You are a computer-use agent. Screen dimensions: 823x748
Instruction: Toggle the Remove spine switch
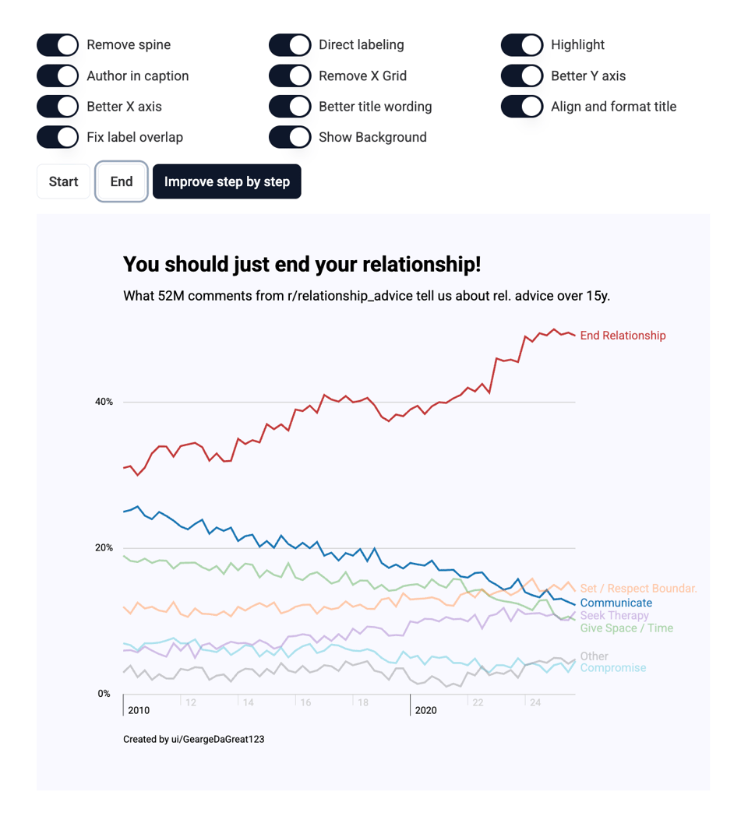tap(58, 45)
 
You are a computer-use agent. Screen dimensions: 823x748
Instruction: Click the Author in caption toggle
tap(58, 76)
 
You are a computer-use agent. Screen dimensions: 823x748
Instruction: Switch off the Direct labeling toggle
tap(290, 45)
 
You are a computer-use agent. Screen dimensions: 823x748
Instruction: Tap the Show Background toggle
tap(290, 137)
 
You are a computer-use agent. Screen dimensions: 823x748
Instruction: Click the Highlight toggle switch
tap(522, 45)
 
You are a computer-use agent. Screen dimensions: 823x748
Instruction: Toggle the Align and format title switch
tap(522, 107)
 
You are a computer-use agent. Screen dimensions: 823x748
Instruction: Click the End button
tap(122, 181)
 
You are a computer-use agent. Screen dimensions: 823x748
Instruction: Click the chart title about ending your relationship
tap(302, 265)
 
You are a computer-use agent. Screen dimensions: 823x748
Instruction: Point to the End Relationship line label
tap(623, 336)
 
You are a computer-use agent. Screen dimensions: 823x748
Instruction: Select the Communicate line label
tap(616, 603)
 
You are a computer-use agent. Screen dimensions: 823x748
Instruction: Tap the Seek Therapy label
tap(614, 615)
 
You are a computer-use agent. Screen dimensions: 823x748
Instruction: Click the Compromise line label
tap(612, 668)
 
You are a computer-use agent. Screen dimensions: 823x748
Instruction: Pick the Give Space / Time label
tap(626, 628)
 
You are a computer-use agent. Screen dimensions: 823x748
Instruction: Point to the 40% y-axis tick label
tap(104, 402)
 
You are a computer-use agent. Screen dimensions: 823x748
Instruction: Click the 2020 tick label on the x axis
tap(425, 710)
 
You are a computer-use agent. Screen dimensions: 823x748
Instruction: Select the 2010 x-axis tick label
tap(139, 710)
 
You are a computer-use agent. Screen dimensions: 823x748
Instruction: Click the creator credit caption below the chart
tap(193, 739)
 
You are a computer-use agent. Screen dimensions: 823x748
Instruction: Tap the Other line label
tap(594, 656)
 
